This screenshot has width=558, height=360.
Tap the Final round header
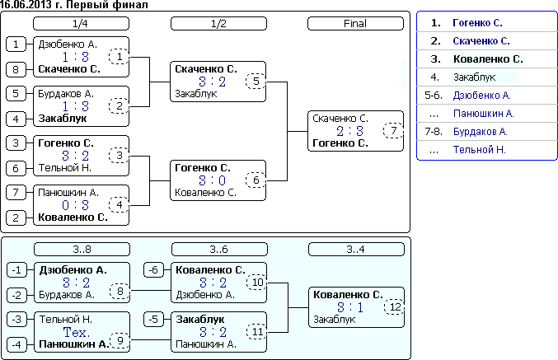point(354,24)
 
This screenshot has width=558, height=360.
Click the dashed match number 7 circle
point(393,131)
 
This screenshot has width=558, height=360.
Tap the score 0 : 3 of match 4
point(74,205)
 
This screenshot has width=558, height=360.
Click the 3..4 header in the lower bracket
point(354,249)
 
